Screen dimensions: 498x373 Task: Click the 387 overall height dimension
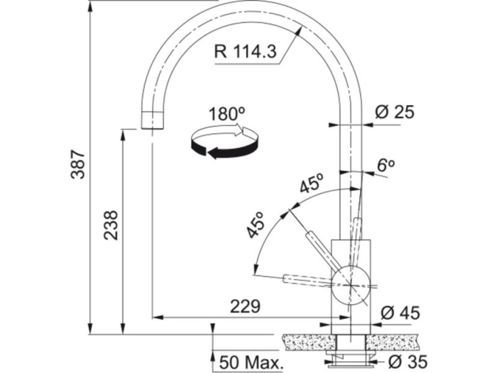tap(78, 164)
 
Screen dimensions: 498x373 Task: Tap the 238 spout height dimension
tap(112, 225)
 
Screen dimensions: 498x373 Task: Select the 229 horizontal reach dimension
tap(245, 306)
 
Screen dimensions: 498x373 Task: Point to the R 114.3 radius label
tap(245, 51)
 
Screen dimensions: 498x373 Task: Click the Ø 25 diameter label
tap(394, 112)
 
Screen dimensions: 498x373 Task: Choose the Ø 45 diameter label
tap(400, 313)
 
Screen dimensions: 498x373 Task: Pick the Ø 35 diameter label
tap(408, 362)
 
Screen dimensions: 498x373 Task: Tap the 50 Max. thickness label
tap(251, 363)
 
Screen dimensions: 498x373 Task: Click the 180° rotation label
tap(227, 114)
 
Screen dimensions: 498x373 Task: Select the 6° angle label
tap(386, 165)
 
